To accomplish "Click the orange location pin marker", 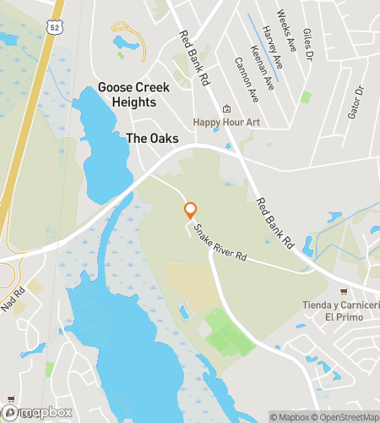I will pyautogui.click(x=190, y=210).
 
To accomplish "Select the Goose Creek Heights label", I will pyautogui.click(x=133, y=95).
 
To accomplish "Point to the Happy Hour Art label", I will pyautogui.click(x=225, y=122).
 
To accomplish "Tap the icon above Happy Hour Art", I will pyautogui.click(x=225, y=109).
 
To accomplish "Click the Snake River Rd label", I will pyautogui.click(x=219, y=241).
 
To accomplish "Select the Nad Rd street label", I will pyautogui.click(x=13, y=300).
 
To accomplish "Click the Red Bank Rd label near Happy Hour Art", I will pyautogui.click(x=194, y=60).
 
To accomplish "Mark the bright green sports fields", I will pyautogui.click(x=225, y=336).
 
